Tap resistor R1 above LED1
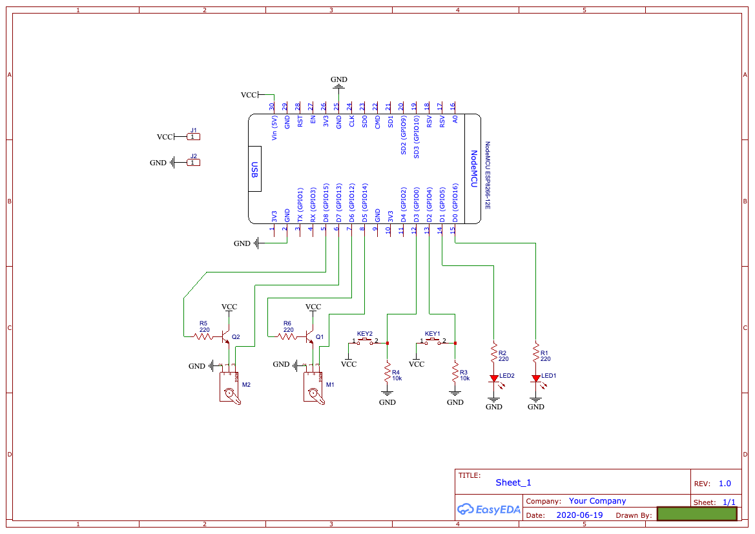535,354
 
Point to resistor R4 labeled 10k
388,373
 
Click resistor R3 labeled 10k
455,373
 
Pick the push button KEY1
432,341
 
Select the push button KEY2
365,341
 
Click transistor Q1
311,336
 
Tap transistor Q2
227,336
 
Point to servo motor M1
313,389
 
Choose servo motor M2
229,389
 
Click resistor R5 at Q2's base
203,336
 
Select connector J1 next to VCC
192,136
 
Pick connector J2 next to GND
192,162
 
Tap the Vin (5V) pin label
274,129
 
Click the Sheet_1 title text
513,482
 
